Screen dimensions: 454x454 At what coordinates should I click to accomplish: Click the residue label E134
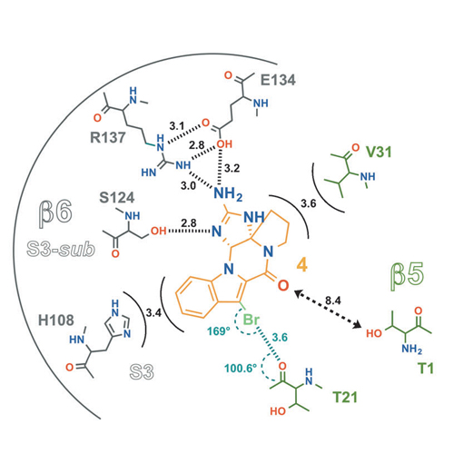[x=278, y=80]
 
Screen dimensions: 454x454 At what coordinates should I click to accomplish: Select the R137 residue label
[x=108, y=138]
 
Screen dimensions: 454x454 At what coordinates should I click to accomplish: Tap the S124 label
[x=117, y=198]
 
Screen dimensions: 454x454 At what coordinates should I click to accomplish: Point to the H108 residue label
[x=56, y=321]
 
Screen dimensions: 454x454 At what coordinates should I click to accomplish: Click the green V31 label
[x=379, y=152]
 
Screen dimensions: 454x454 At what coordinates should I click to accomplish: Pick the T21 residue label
[x=345, y=397]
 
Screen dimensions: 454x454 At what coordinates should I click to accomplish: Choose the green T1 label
[x=426, y=369]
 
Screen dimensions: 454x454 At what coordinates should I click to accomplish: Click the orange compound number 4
[x=302, y=265]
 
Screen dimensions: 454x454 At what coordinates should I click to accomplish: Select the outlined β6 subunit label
[x=55, y=212]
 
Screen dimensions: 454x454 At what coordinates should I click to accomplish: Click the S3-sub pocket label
[x=61, y=250]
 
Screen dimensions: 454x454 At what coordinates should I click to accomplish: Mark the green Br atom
[x=252, y=320]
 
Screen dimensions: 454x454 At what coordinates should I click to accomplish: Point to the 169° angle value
[x=219, y=331]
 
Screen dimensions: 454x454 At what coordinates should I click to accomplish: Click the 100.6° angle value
[x=241, y=369]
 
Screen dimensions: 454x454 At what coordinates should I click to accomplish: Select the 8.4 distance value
[x=333, y=301]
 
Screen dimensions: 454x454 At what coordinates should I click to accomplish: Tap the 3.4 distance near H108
[x=153, y=312]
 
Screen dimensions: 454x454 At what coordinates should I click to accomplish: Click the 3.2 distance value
[x=232, y=168]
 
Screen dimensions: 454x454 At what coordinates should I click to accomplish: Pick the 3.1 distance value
[x=177, y=126]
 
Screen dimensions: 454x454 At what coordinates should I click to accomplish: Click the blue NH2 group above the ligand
[x=228, y=193]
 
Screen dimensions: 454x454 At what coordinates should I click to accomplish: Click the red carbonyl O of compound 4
[x=283, y=285]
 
